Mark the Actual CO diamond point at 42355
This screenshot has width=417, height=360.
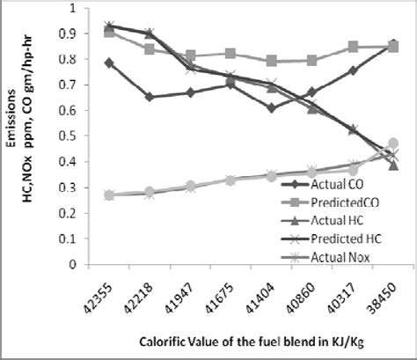109,62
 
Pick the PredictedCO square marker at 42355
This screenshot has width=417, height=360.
109,32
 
